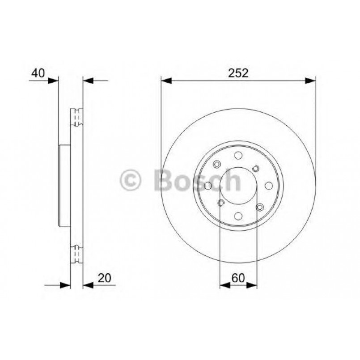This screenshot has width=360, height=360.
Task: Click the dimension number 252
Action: click(x=238, y=74)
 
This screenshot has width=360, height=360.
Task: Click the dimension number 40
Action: click(x=38, y=73)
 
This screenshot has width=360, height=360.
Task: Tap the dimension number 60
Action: click(x=238, y=277)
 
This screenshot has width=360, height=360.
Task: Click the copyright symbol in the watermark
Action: click(x=131, y=181)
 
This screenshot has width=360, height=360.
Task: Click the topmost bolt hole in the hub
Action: click(x=238, y=156)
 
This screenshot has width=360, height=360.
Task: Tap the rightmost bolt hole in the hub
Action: click(x=269, y=186)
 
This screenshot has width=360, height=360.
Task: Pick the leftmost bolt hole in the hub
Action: click(x=208, y=186)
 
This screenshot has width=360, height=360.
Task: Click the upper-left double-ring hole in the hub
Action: click(x=217, y=164)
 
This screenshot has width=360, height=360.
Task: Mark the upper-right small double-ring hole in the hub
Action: click(x=256, y=168)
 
